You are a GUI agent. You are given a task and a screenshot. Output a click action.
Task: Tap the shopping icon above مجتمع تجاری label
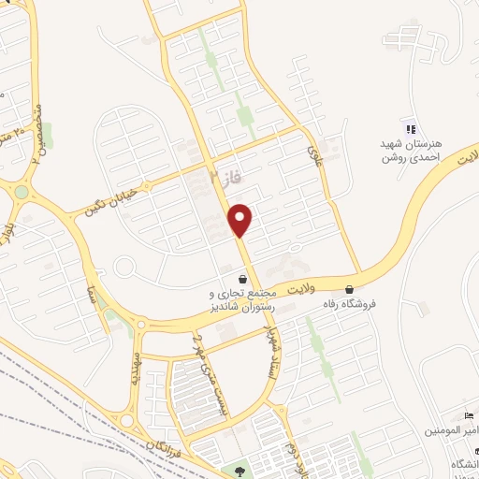(243, 279)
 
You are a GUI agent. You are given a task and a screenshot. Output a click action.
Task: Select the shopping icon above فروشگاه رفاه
(350, 289)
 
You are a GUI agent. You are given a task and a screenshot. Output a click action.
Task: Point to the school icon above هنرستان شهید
(408, 128)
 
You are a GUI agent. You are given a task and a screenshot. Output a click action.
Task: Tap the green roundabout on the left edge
(21, 192)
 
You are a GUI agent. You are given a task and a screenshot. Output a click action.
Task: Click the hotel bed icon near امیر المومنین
(470, 415)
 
